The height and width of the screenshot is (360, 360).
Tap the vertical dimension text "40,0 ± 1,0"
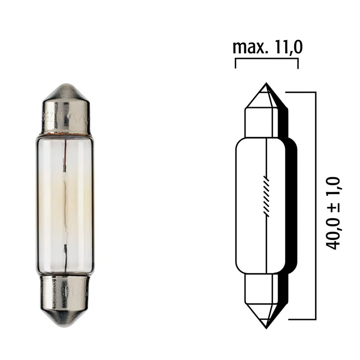(x=334, y=213)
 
